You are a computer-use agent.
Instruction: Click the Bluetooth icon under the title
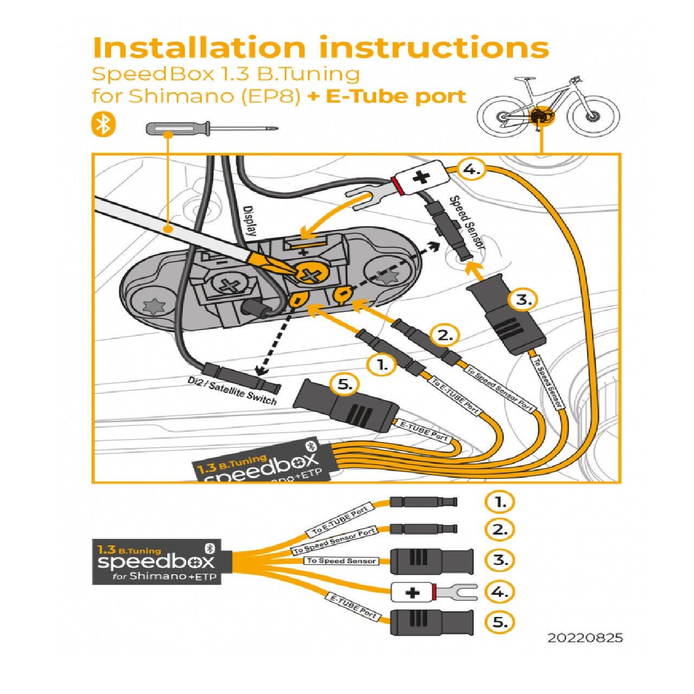(103, 124)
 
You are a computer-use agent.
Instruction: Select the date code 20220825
(585, 638)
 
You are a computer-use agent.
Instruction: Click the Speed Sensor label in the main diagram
(467, 222)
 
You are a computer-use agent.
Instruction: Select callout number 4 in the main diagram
(472, 169)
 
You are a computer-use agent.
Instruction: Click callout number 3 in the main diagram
(523, 299)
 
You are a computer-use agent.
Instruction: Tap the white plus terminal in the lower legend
(413, 592)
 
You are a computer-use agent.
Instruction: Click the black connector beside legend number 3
(432, 561)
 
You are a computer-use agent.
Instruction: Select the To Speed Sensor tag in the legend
(341, 561)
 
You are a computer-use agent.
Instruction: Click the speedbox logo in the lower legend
(156, 561)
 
